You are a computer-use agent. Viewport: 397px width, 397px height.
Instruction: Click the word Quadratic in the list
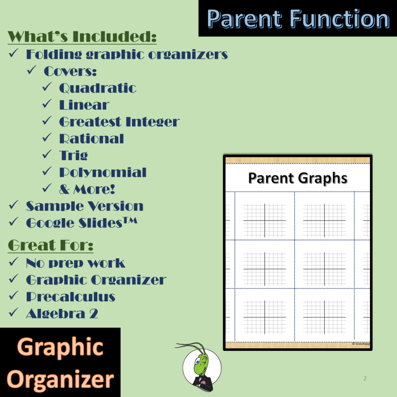click(97, 88)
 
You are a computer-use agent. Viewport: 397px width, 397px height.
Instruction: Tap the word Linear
click(84, 105)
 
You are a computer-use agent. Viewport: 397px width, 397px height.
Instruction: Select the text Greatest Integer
click(119, 122)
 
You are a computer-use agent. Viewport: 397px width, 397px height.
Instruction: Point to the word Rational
click(91, 139)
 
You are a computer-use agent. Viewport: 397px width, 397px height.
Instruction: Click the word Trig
click(73, 155)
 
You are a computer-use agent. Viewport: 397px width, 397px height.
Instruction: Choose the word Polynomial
click(103, 172)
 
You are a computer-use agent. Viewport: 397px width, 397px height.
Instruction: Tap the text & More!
click(87, 189)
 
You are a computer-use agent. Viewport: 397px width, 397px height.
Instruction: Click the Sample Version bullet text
click(85, 206)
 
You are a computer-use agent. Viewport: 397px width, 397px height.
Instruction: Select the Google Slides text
click(81, 223)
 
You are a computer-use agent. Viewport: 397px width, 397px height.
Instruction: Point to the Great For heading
click(51, 245)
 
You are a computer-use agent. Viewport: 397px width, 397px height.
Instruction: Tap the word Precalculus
click(71, 297)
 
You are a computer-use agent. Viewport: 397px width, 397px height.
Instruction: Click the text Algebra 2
click(62, 313)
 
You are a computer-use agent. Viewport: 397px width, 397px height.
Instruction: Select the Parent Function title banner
click(298, 19)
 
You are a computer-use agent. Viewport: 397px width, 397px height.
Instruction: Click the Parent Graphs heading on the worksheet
click(298, 178)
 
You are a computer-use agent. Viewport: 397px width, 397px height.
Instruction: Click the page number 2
click(365, 378)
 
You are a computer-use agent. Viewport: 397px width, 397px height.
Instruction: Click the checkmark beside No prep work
click(14, 262)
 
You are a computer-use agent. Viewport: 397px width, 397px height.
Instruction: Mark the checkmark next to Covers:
click(32, 71)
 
